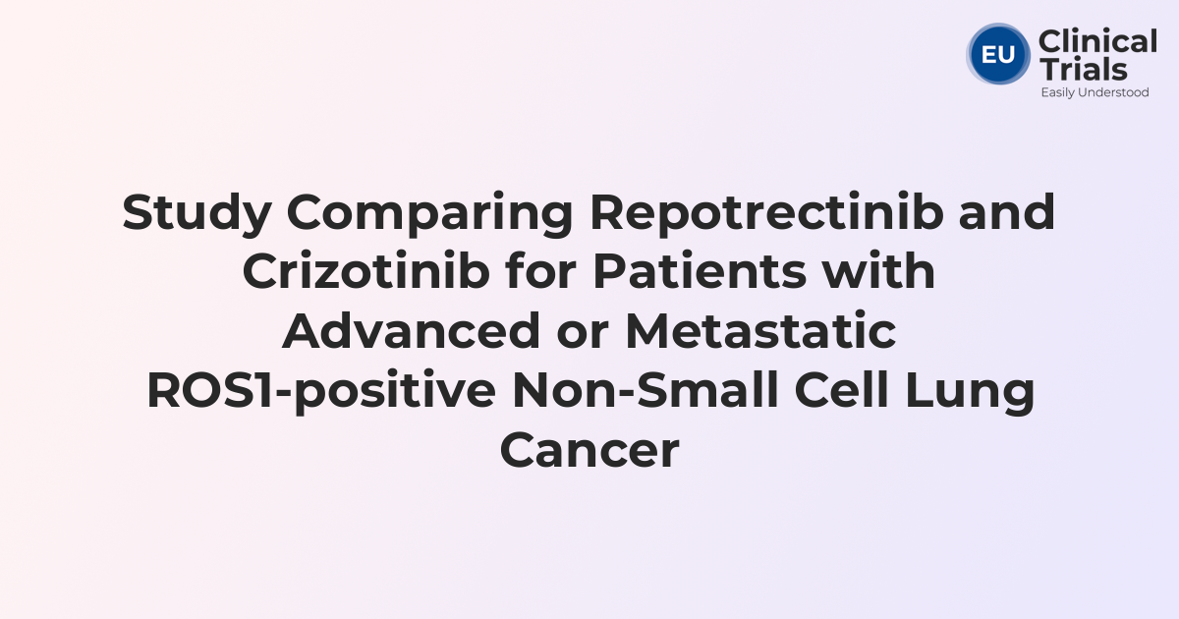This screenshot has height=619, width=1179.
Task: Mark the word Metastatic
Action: (760, 331)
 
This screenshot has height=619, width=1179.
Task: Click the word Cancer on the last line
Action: (589, 449)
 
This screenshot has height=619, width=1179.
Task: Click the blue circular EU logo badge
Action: (998, 54)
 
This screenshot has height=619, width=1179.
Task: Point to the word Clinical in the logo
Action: (1097, 42)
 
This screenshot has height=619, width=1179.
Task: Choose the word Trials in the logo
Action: (1083, 70)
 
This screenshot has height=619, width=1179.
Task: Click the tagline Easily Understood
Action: (1095, 92)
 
